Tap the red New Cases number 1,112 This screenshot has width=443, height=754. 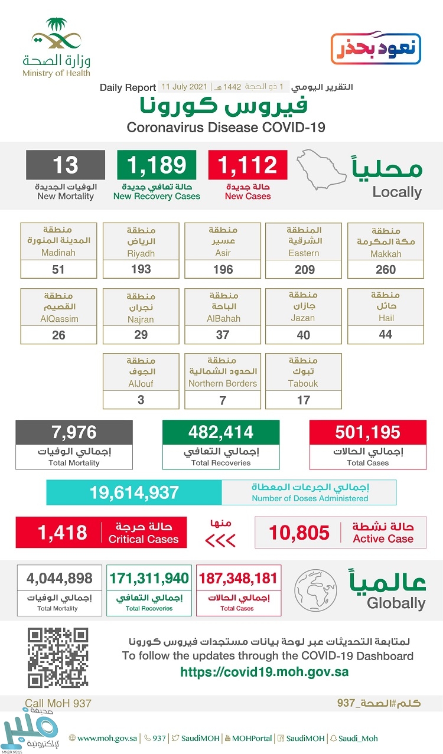247,165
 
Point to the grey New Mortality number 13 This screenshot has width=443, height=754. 65,165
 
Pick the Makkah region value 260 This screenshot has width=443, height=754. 386,270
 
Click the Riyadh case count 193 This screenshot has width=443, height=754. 141,270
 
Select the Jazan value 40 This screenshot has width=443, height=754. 304,335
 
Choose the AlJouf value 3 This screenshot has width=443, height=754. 141,400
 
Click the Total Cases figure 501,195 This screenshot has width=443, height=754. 367,432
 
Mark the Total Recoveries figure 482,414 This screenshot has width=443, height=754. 221,432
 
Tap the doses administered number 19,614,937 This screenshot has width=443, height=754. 134,492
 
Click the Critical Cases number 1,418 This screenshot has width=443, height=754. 62,533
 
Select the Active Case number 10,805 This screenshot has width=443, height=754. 299,533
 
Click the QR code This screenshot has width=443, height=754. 58,658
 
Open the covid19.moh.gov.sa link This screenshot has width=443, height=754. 264,672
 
